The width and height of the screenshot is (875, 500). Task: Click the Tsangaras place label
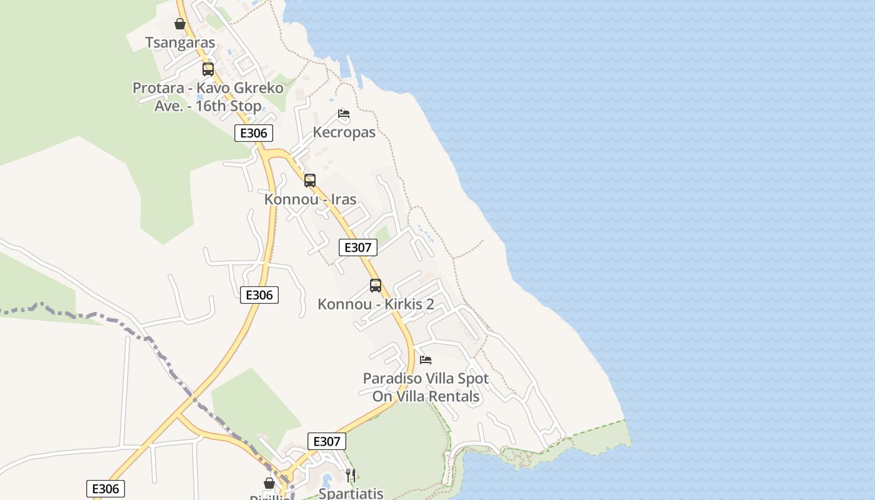180,42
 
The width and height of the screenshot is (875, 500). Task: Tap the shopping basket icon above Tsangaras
180,24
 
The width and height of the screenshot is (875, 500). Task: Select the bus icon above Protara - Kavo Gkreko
208,69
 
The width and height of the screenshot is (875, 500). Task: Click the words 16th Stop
227,106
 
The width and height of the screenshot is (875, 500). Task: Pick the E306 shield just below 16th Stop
254,133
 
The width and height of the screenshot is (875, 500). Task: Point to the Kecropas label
344,132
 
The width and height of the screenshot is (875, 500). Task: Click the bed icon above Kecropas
344,114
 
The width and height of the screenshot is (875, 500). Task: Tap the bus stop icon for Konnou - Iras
310,181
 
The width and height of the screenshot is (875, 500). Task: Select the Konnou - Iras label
310,199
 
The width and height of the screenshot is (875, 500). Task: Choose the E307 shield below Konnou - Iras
358,247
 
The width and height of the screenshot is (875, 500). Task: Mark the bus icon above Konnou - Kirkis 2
376,286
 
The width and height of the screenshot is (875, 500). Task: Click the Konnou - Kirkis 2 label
376,304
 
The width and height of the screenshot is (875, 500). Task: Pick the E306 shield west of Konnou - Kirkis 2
259,295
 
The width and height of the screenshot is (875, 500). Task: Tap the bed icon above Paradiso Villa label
426,360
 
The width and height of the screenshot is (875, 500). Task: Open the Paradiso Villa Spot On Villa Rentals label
426,387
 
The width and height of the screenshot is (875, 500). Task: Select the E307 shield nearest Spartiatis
327,441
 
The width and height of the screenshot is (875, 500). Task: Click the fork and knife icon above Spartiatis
351,476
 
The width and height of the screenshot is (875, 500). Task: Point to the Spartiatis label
351,493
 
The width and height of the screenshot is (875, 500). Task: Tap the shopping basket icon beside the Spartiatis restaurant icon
269,483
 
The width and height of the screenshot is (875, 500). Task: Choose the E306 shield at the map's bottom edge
106,489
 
